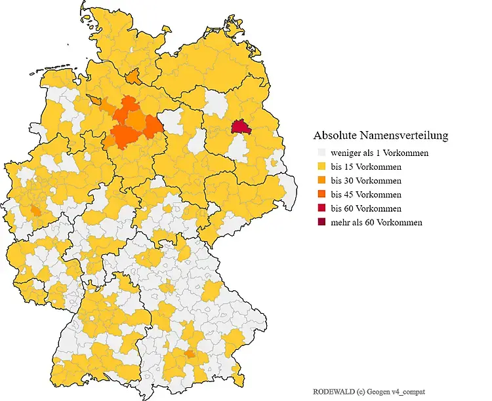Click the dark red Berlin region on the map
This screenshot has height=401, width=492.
pos(241,126)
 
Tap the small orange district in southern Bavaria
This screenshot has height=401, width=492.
pos(190,354)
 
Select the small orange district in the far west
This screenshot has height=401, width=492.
pos(34,210)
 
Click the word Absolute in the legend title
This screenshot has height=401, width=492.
pos(334,136)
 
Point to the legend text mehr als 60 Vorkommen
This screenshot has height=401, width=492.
pos(377,222)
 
